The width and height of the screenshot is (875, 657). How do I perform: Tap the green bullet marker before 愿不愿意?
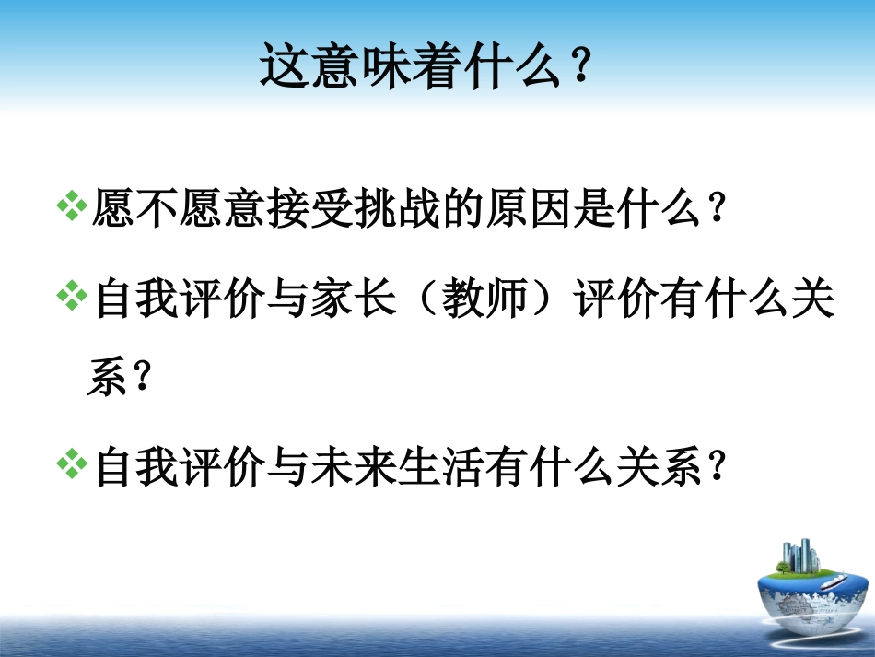[72, 207]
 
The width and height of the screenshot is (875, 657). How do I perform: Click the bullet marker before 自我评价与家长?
[72, 299]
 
